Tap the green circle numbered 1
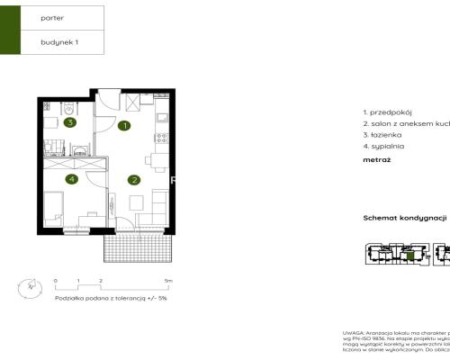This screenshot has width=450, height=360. click(x=125, y=126)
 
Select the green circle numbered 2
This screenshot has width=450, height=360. click(x=133, y=179)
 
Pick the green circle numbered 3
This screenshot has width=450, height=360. click(x=68, y=123)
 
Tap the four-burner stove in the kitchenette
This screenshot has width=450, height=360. click(x=162, y=139)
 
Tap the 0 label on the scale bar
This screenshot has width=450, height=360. click(x=55, y=282)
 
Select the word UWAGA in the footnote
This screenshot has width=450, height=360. click(x=354, y=332)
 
